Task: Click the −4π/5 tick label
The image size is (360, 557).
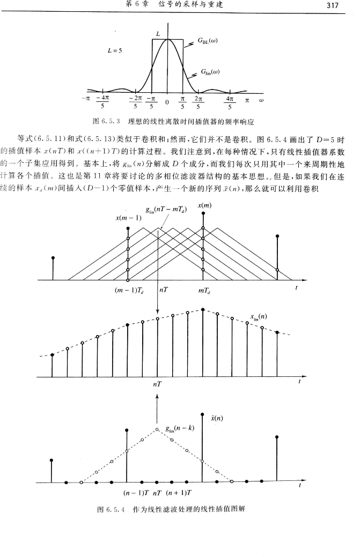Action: click(102, 102)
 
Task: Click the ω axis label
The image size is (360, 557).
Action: click(262, 99)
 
